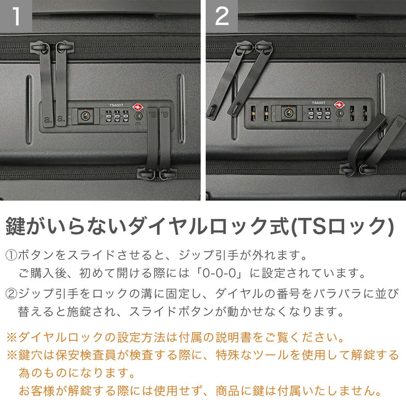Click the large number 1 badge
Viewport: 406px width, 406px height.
(16, 16)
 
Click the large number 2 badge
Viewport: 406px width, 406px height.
(222, 16)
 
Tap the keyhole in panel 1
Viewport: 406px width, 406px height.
(85, 116)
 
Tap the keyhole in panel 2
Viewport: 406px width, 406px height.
(288, 113)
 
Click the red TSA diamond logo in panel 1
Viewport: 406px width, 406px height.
(138, 107)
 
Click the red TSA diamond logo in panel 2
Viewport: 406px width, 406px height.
(339, 105)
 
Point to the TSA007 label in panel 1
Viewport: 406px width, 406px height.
(116, 105)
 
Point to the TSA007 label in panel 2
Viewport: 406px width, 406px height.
(318, 103)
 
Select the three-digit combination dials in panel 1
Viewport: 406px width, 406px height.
(117, 116)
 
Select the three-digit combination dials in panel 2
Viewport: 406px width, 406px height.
(319, 113)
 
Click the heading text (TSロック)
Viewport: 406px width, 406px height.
(342, 226)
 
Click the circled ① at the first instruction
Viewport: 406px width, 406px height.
(11, 255)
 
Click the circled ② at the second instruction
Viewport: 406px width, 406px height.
(11, 294)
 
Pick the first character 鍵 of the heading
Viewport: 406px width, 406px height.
(15, 226)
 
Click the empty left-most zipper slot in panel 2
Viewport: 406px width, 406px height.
(253, 113)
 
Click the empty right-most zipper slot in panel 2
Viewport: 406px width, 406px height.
(365, 113)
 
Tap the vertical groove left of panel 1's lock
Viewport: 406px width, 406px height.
(28, 110)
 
